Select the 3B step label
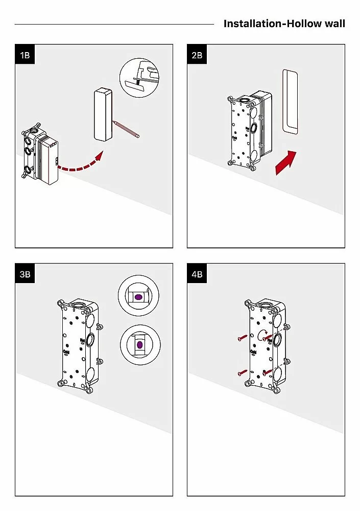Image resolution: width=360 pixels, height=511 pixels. pyautogui.click(x=25, y=274)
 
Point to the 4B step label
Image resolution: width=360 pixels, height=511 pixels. pyautogui.click(x=197, y=274)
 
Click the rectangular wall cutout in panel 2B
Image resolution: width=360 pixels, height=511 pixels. pyautogui.click(x=291, y=102)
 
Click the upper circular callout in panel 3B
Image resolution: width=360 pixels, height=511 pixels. pyautogui.click(x=139, y=297)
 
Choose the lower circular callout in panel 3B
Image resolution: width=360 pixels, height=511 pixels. pyautogui.click(x=139, y=344)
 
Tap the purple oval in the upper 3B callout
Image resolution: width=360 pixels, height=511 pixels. pyautogui.click(x=138, y=297)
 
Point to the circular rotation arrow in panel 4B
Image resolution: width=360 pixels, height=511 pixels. pyautogui.click(x=264, y=335)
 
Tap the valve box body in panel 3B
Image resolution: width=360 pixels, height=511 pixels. pyautogui.click(x=77, y=342)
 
